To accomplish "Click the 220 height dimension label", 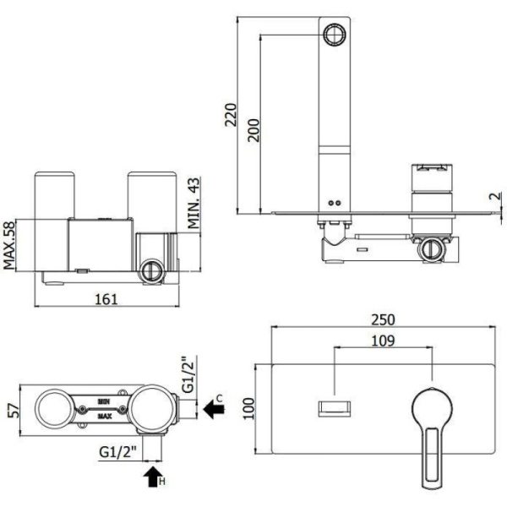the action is [x=231, y=115].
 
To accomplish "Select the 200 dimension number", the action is [x=253, y=130].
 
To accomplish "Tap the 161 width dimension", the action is [x=106, y=299].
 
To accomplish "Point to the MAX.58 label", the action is [x=9, y=245].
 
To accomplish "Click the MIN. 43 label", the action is [x=194, y=203].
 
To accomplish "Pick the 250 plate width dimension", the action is [x=383, y=319].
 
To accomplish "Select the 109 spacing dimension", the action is [x=383, y=341].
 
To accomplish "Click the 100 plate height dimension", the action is [x=249, y=409].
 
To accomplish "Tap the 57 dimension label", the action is [x=14, y=411].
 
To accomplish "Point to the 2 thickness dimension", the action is [x=497, y=196].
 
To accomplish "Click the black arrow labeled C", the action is [x=214, y=409].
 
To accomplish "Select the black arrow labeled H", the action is [x=153, y=477].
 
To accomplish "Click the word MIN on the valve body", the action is [x=104, y=402].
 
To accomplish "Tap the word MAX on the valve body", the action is [x=105, y=416].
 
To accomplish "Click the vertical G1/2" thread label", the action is [x=188, y=374].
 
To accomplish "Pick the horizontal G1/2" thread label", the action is [x=117, y=451].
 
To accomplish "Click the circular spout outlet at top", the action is [x=335, y=35].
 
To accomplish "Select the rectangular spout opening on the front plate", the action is [x=335, y=409].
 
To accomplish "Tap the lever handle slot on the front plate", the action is [x=432, y=455].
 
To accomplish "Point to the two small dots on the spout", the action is [x=335, y=203].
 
